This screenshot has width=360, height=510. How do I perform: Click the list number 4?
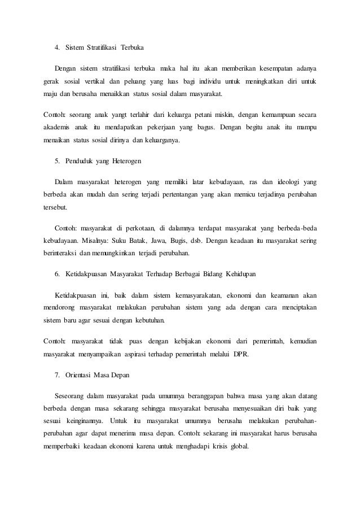point(56,46)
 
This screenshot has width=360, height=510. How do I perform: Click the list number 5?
point(56,161)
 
